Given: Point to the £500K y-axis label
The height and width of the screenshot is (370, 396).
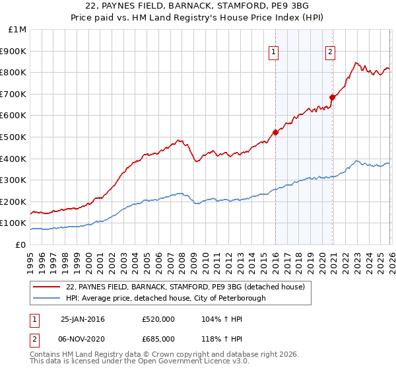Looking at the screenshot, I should click(x=13, y=137).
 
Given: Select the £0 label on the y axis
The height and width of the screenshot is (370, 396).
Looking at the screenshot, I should click(x=21, y=244).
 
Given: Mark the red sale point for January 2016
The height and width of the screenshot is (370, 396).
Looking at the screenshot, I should click(x=275, y=132).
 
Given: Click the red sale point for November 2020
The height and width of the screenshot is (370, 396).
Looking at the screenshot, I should click(x=332, y=97).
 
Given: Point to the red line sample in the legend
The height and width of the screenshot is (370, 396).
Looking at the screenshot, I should click(x=46, y=287).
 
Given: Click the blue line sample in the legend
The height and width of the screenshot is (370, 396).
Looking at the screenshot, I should click(x=46, y=298).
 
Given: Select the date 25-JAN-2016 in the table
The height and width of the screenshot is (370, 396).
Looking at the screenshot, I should click(x=82, y=318).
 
